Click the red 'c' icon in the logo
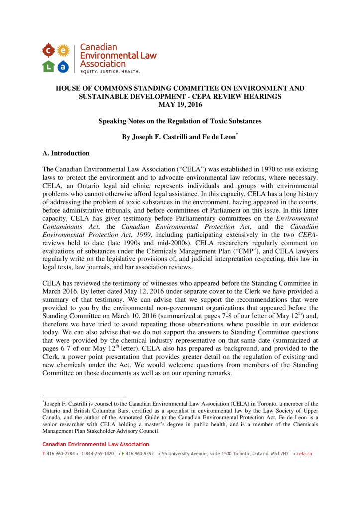click(x=48, y=50)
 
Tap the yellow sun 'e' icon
click(x=63, y=50)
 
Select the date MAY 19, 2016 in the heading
click(x=180, y=104)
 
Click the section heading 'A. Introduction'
click(x=66, y=153)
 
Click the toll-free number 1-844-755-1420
click(x=97, y=454)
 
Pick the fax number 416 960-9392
click(x=140, y=454)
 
